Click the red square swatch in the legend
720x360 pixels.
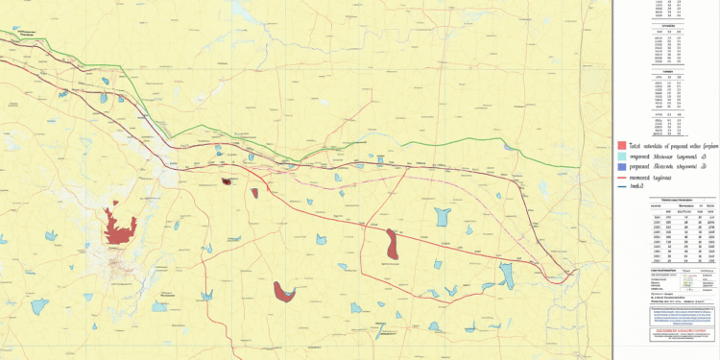click(623, 145)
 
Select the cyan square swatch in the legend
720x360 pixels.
click(623, 156)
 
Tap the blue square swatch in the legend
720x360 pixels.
click(623, 166)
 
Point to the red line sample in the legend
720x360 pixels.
click(623, 179)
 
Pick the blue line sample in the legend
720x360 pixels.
click(623, 187)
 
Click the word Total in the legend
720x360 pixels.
click(636, 145)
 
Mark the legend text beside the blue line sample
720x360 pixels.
click(641, 187)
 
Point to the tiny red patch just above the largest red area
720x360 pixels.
click(114, 204)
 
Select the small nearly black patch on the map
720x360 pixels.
click(226, 180)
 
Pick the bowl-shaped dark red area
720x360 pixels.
click(283, 291)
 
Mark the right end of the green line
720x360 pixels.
click(579, 167)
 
